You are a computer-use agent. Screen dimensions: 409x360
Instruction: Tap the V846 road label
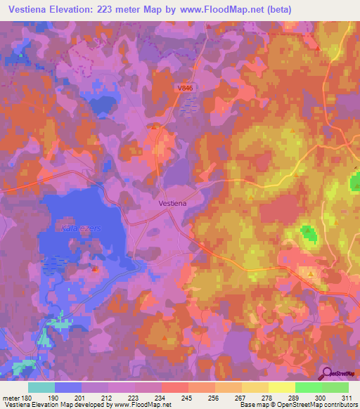(185, 88)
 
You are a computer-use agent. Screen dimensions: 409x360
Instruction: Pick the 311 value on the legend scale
(348, 397)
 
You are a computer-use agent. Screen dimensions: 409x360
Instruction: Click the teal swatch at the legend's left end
(41, 387)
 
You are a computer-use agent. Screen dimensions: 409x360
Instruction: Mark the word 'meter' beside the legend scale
(10, 397)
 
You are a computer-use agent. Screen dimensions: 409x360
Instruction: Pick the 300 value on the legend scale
(321, 397)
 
